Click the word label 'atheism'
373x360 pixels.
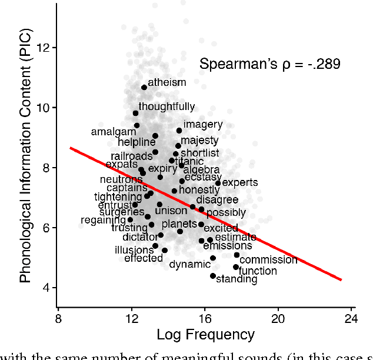[166, 83]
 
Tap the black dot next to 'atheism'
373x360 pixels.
[144, 88]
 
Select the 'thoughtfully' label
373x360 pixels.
[166, 107]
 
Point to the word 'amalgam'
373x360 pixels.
[114, 132]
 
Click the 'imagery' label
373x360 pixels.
[203, 125]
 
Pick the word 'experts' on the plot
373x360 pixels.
[239, 183]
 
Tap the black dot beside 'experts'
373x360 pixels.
[218, 184]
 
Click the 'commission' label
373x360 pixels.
[268, 260]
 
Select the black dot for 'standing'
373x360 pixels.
[213, 275]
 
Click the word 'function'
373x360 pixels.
[258, 271]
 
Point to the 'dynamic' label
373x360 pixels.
[189, 265]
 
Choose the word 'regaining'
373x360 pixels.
[104, 220]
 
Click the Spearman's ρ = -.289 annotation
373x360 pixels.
[269, 64]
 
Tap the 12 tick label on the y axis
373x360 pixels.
[43, 48]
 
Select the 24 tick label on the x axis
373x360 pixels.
[351, 319]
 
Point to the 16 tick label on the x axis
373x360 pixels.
[204, 319]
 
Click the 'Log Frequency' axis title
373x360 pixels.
[205, 335]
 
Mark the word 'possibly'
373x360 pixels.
[226, 213]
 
